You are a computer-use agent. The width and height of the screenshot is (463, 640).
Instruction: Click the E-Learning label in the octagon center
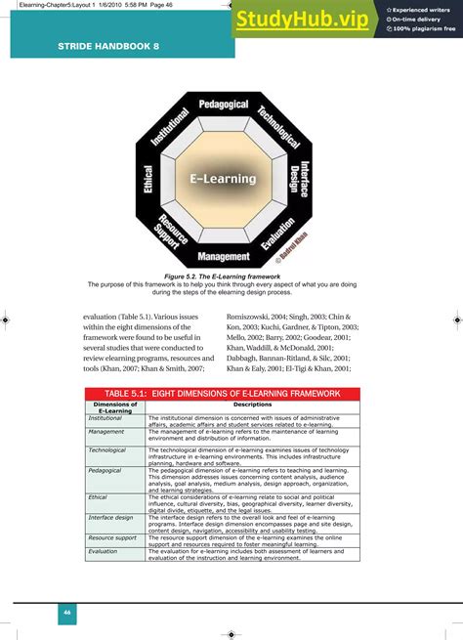(223, 179)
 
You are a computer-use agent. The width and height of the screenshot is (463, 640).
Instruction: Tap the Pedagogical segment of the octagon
(224, 104)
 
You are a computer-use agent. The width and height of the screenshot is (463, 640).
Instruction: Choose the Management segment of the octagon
(224, 257)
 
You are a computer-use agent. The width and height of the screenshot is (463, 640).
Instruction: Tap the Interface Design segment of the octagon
(298, 179)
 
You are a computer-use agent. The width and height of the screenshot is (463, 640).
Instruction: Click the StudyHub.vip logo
(302, 21)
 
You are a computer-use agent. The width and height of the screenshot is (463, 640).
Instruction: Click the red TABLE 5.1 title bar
(224, 393)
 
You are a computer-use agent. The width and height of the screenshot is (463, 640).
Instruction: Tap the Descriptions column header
(252, 405)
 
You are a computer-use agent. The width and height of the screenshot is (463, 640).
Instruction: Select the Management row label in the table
(106, 431)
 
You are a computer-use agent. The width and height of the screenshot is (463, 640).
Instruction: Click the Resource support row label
(112, 537)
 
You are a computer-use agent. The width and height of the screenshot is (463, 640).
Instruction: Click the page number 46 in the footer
(66, 612)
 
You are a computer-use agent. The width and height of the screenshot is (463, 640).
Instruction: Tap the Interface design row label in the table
(110, 517)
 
